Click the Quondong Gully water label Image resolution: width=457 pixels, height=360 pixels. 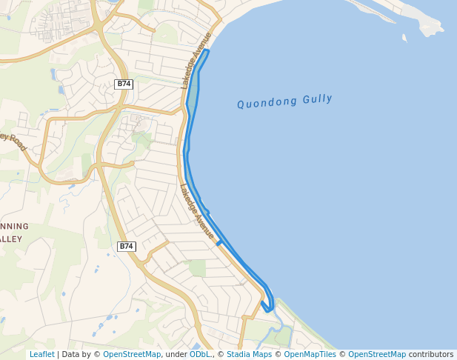pyautogui.click(x=284, y=101)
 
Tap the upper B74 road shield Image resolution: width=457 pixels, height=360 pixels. pyautogui.click(x=124, y=84)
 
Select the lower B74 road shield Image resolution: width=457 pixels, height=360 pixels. pyautogui.click(x=127, y=246)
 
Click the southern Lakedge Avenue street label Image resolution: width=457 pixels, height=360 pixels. pyautogui.click(x=197, y=212)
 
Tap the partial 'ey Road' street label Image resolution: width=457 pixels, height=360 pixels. pyautogui.click(x=13, y=141)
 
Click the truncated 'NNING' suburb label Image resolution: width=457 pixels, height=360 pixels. pyautogui.click(x=14, y=226)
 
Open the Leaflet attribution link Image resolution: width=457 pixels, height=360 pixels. pyautogui.click(x=41, y=355)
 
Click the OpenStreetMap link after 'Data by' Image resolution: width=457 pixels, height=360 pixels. pyautogui.click(x=132, y=355)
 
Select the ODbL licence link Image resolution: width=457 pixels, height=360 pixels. pyautogui.click(x=200, y=355)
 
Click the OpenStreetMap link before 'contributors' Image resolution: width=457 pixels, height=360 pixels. pyautogui.click(x=377, y=355)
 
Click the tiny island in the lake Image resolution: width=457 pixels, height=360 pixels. pyautogui.click(x=404, y=37)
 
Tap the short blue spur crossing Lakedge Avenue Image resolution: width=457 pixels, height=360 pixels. pyautogui.click(x=219, y=242)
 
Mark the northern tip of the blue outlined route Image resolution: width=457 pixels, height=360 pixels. pyautogui.click(x=207, y=50)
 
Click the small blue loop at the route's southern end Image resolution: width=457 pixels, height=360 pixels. pyautogui.click(x=268, y=306)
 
